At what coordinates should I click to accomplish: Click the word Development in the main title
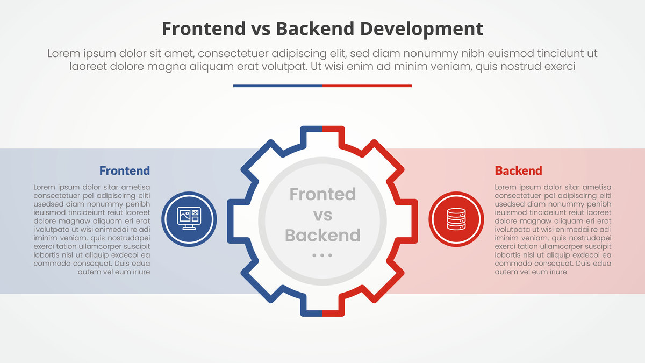tap(421, 29)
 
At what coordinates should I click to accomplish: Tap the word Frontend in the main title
tap(204, 29)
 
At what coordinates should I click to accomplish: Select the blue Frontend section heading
tap(125, 170)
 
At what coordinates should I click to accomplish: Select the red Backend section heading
tap(518, 170)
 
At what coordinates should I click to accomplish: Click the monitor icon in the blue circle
tap(189, 218)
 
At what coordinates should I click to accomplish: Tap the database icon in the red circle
tap(456, 219)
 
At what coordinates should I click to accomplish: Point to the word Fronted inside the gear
tap(322, 194)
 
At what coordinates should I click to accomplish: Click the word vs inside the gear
tap(322, 215)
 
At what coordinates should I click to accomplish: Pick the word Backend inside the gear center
tap(322, 235)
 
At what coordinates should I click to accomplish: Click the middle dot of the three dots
tap(322, 255)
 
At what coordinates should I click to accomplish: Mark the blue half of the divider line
tap(278, 86)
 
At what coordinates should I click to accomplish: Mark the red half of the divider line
tap(367, 86)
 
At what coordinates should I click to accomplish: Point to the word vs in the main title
tap(261, 31)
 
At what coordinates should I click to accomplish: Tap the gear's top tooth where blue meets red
tap(322, 129)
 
